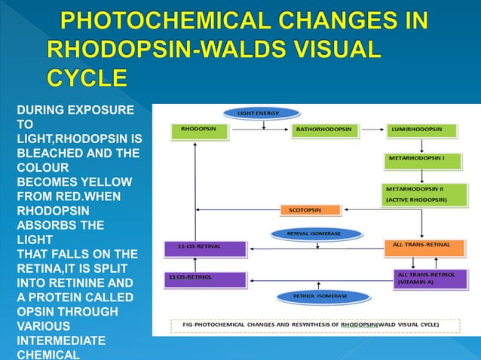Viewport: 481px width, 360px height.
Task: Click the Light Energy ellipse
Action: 259,113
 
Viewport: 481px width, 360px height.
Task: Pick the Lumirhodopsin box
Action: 421,130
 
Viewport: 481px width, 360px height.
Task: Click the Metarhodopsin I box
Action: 421,160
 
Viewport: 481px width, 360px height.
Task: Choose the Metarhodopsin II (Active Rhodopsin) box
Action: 421,194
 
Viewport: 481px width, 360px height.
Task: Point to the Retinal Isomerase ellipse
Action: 314,233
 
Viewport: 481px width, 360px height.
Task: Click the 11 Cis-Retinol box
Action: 205,279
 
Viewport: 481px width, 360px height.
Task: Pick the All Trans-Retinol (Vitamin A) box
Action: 426,278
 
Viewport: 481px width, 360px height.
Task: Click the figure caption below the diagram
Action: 315,325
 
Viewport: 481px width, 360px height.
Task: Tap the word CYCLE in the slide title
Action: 87,78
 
